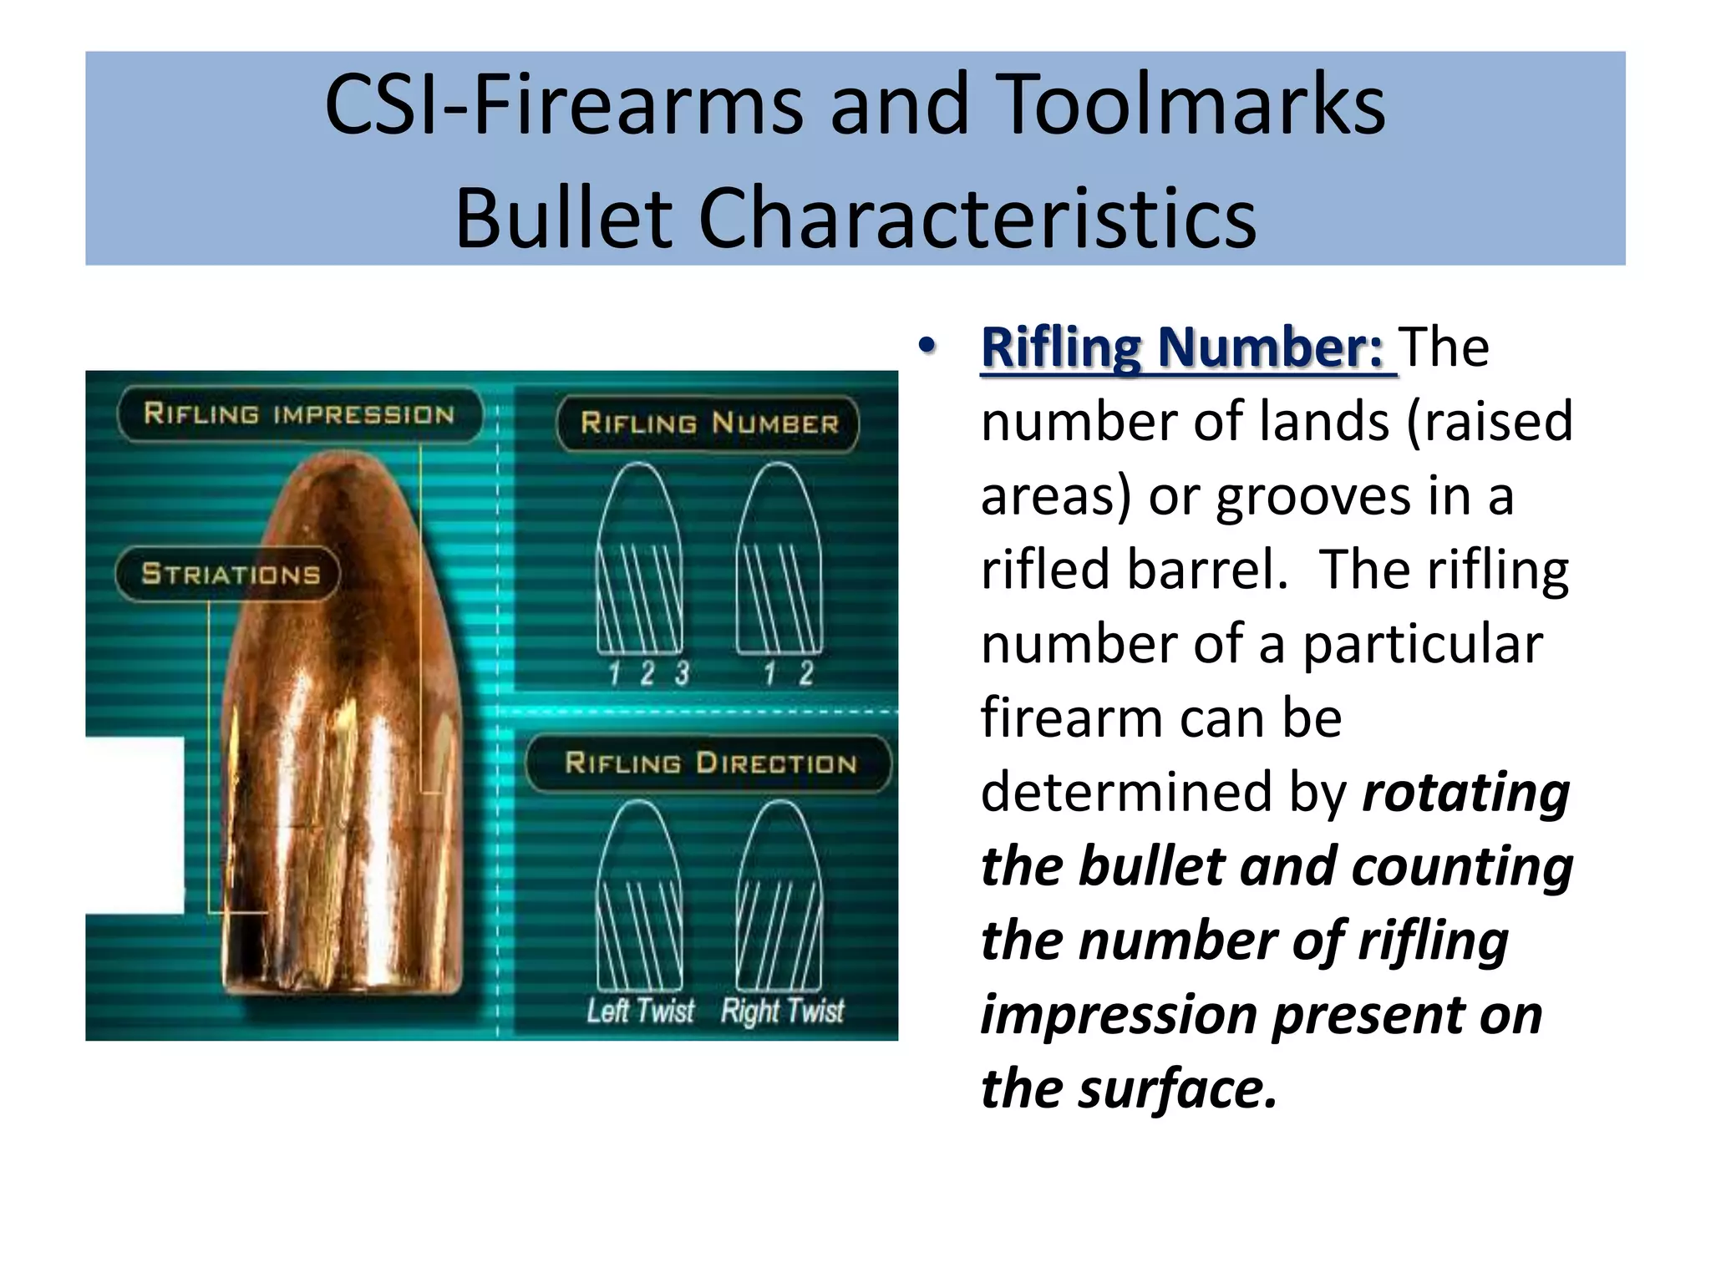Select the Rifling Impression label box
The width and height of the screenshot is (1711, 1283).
pyautogui.click(x=299, y=414)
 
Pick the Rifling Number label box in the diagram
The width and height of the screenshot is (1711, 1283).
pyautogui.click(x=708, y=423)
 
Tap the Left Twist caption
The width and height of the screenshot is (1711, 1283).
pyautogui.click(x=640, y=1011)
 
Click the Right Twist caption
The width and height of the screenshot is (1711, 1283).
pyautogui.click(x=782, y=1011)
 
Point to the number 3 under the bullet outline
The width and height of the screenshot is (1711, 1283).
pyautogui.click(x=683, y=673)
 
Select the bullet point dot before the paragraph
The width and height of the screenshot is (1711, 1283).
pyautogui.click(x=926, y=345)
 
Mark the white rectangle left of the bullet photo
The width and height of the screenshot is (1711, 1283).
pyautogui.click(x=135, y=825)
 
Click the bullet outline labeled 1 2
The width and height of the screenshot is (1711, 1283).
pyautogui.click(x=779, y=560)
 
